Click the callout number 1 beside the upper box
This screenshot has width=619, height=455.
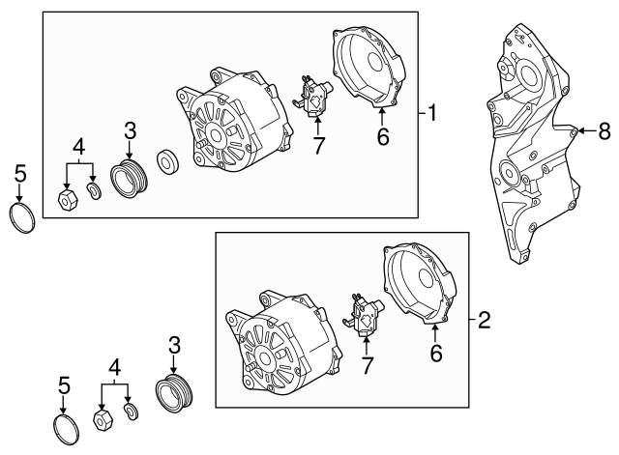tap(432, 113)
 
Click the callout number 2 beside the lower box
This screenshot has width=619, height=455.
tap(484, 320)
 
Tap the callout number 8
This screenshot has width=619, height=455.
tap(604, 130)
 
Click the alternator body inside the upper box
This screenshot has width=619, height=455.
tap(235, 122)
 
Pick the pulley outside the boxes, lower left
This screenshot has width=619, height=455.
tap(175, 394)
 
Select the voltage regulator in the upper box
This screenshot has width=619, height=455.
tap(312, 97)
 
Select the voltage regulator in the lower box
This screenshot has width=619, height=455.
tap(363, 316)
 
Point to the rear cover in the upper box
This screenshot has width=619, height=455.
tap(369, 67)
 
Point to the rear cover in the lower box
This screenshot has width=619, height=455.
tap(419, 284)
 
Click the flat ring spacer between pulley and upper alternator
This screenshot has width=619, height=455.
tap(168, 161)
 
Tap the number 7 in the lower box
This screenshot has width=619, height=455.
tap(368, 365)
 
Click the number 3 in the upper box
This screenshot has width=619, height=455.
tap(131, 130)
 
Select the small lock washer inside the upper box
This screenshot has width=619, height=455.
tap(95, 191)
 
